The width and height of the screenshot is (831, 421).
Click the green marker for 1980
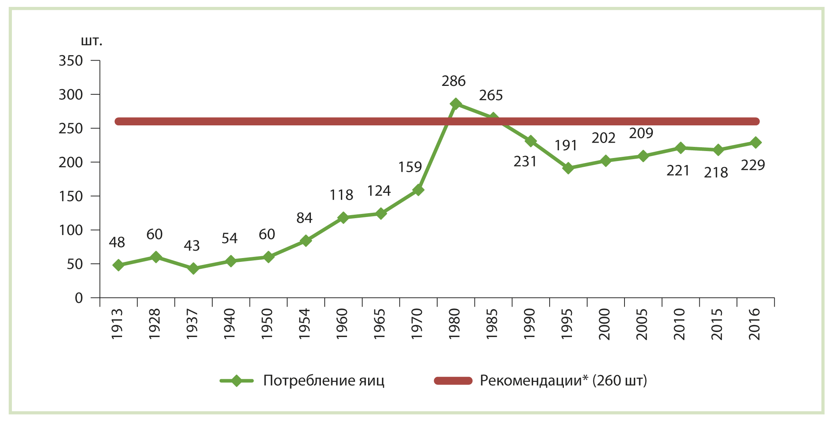click(456, 104)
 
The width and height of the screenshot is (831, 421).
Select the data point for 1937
click(193, 268)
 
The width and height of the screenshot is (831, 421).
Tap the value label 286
click(453, 81)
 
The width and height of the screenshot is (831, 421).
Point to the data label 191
click(566, 146)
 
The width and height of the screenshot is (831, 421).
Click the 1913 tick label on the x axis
click(117, 324)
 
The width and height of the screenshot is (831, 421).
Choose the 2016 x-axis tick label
click(754, 324)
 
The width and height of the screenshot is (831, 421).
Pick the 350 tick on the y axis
click(71, 61)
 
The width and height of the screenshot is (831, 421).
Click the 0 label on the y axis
click(79, 298)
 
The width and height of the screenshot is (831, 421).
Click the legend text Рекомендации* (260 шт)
click(563, 381)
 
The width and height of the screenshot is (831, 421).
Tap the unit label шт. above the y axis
click(92, 41)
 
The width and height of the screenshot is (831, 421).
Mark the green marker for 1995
click(568, 168)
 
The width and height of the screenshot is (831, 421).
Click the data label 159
click(410, 167)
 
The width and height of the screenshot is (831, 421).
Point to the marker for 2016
click(755, 143)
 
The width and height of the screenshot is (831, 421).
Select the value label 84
click(304, 218)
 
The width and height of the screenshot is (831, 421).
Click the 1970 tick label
click(417, 324)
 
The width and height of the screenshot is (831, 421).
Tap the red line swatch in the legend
click(453, 381)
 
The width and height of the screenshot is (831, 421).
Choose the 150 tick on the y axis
click(71, 196)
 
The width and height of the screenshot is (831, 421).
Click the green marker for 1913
click(118, 265)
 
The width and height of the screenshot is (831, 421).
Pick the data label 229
click(753, 165)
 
